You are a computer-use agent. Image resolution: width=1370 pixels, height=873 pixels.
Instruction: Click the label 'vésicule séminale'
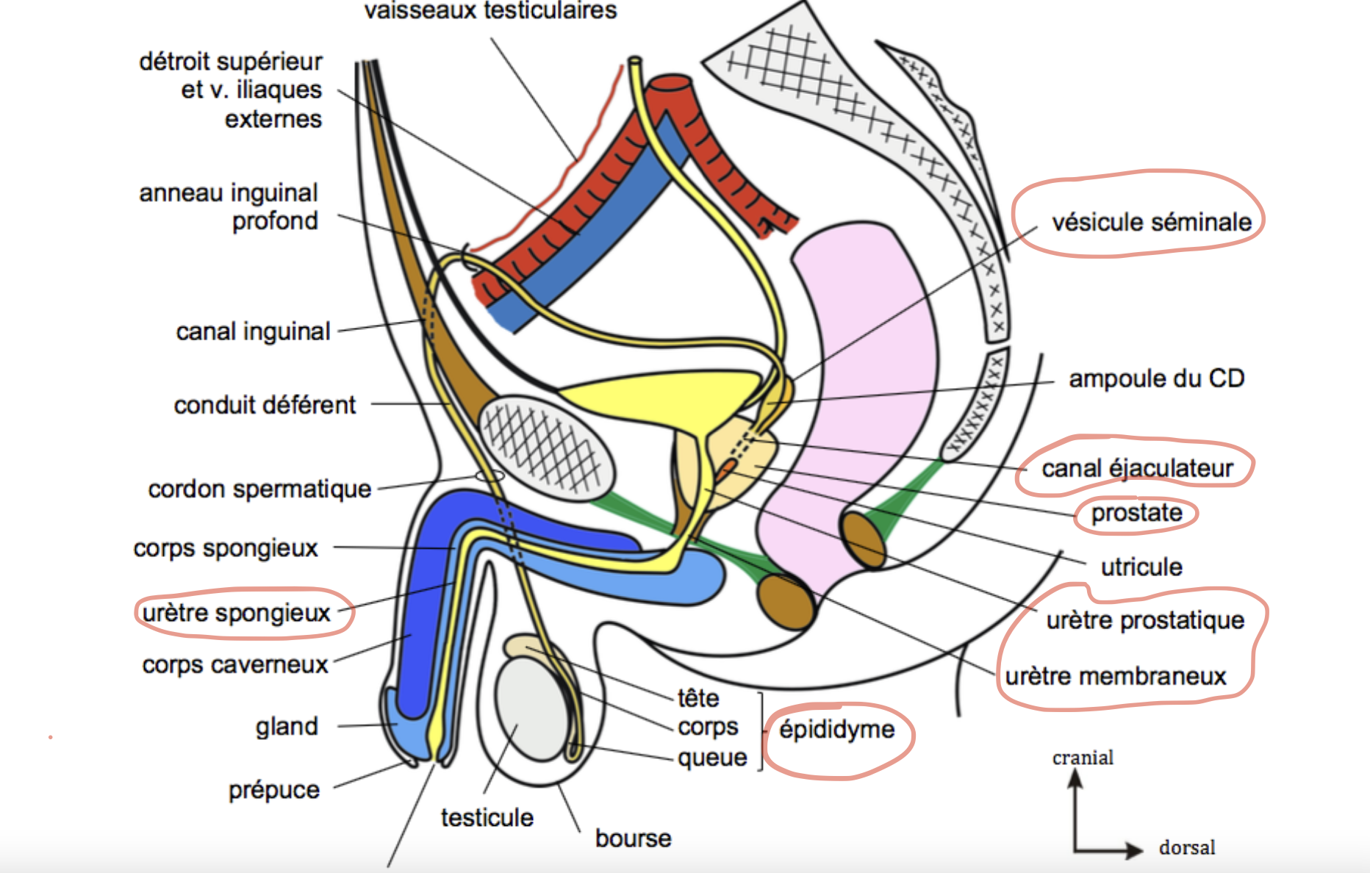(x=1151, y=222)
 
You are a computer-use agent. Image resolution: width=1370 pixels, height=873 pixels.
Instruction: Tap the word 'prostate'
(x=1136, y=513)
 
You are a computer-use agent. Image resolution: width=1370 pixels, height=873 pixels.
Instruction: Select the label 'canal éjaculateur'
(x=1137, y=468)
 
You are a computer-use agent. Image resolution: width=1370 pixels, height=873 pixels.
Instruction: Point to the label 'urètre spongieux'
(x=237, y=613)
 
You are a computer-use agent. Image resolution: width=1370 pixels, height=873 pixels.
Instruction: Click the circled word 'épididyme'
(x=837, y=730)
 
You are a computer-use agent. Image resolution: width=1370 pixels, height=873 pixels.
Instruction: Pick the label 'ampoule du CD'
(x=1156, y=378)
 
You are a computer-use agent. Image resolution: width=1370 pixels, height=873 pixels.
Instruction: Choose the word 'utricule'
(x=1141, y=567)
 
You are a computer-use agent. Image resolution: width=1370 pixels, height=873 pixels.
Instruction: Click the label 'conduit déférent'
(x=265, y=405)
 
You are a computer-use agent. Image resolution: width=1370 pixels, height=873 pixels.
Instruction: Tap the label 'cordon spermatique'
(x=259, y=489)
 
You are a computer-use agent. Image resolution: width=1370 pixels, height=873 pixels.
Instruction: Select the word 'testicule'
(x=487, y=818)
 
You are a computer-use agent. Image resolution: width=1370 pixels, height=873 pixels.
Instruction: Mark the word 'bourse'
(x=633, y=838)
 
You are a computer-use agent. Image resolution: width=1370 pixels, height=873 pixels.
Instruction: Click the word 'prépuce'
(x=274, y=790)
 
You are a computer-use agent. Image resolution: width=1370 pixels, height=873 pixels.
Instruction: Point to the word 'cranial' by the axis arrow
(x=1083, y=758)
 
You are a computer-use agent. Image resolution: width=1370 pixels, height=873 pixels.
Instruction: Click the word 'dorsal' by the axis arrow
(x=1187, y=848)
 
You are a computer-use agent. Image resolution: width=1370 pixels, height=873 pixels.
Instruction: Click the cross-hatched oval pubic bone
(x=547, y=448)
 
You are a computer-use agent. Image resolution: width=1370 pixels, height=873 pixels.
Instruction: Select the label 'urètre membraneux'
(x=1116, y=676)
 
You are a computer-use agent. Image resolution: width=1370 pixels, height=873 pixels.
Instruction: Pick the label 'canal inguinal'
(x=253, y=332)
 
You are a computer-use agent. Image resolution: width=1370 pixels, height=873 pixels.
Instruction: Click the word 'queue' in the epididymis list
(x=712, y=758)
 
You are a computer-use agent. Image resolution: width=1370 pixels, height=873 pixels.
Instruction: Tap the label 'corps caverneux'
(x=235, y=665)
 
